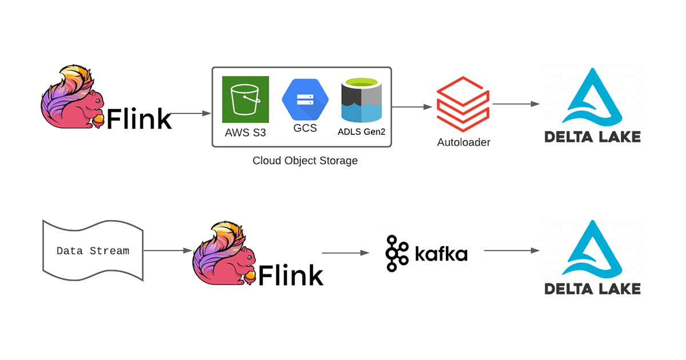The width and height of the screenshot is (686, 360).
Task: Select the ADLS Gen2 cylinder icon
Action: (x=361, y=99)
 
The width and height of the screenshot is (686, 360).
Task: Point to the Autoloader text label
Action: (x=464, y=142)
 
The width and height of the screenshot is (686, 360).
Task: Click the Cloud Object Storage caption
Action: (x=305, y=161)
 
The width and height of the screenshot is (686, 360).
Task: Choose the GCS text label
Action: (x=305, y=129)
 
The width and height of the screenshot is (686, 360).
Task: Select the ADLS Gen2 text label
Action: (x=361, y=132)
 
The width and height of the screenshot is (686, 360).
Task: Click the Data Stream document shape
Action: (x=93, y=250)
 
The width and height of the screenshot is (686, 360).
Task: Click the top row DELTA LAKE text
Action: (x=592, y=137)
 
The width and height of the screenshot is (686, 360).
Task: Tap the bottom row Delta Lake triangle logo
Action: (x=592, y=250)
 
